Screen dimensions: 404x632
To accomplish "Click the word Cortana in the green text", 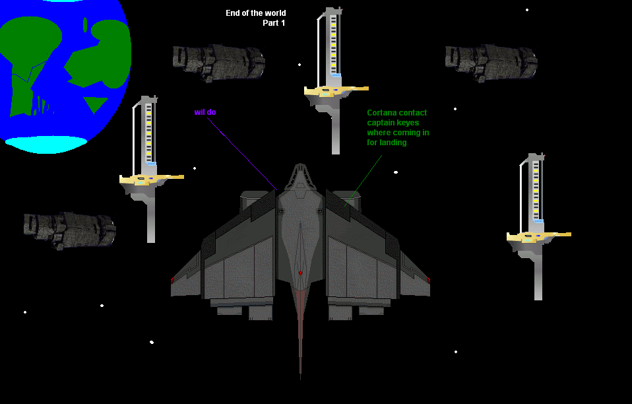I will coord(382,113).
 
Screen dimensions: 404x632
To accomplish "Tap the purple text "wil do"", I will coord(205,112).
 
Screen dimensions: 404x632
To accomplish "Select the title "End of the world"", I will coord(256,13).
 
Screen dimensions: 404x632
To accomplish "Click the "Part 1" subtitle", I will coord(274,23).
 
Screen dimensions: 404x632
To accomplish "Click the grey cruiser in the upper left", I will coord(218,62).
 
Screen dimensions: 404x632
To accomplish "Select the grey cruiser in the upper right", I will coord(491,62).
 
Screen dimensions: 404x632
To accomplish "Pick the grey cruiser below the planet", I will coord(69,230).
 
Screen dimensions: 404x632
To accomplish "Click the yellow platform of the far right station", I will coord(538,236).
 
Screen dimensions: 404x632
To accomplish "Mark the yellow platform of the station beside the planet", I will coord(150,179).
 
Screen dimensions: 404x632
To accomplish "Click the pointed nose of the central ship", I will coord(300,168).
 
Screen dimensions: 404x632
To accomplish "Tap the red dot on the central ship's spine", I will coord(300,273).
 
